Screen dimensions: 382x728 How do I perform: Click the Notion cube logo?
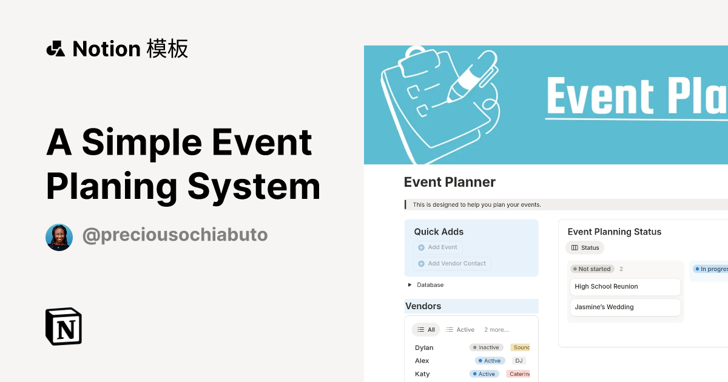tap(64, 327)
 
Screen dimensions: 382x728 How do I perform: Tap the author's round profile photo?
tap(59, 237)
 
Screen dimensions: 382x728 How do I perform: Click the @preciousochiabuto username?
tap(175, 235)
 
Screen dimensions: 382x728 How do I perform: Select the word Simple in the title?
tap(141, 142)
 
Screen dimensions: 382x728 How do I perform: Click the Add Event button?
tap(438, 247)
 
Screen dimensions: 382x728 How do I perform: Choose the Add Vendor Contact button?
tap(453, 264)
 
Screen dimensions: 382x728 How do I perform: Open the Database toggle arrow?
tap(410, 285)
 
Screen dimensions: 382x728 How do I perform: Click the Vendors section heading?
tap(423, 306)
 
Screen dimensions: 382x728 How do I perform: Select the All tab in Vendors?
tap(426, 330)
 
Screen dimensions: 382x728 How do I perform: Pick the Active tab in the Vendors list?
tap(460, 330)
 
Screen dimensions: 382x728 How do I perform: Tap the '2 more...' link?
tap(496, 330)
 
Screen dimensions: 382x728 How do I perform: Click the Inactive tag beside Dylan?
tap(486, 347)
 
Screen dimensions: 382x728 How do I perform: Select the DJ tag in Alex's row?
tap(519, 361)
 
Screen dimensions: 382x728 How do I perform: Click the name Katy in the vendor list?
tap(422, 374)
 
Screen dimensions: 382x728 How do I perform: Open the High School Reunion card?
tap(625, 287)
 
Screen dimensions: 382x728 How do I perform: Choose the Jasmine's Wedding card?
tap(625, 307)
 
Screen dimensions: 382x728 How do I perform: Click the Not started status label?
tap(592, 269)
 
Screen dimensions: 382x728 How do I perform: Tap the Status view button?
tap(585, 247)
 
